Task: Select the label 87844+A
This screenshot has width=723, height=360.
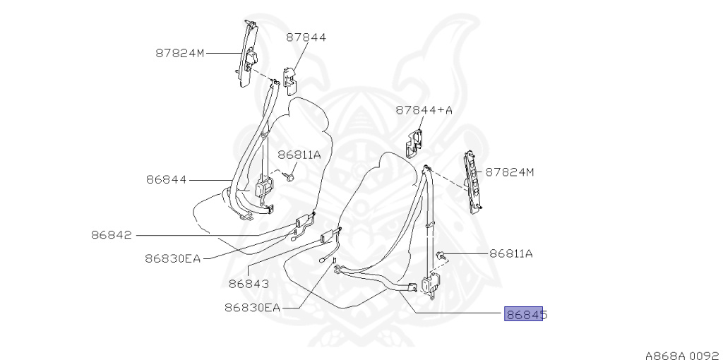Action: point(424,110)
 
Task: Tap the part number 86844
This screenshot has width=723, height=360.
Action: point(167,179)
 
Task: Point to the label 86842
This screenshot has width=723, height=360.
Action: point(112,234)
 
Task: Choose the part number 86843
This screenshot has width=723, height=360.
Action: point(249,284)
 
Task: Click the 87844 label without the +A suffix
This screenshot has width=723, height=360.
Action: point(306,37)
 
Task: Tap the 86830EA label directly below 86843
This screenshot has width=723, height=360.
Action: point(253,307)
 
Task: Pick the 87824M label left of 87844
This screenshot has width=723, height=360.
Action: point(180,53)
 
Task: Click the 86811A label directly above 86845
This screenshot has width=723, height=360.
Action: point(511,253)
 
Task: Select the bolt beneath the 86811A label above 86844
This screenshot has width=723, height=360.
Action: point(289,176)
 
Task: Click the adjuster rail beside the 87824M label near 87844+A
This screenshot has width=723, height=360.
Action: point(472,181)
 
